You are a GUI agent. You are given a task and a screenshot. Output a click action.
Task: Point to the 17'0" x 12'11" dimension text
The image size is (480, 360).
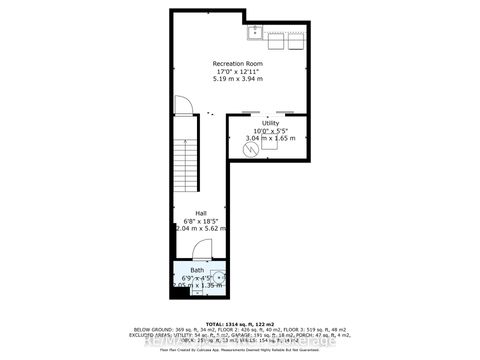(x=236, y=71)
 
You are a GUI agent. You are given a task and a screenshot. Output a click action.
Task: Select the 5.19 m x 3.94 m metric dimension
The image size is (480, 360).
(x=236, y=79)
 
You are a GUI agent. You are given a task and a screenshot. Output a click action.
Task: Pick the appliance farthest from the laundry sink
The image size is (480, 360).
(x=297, y=41)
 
